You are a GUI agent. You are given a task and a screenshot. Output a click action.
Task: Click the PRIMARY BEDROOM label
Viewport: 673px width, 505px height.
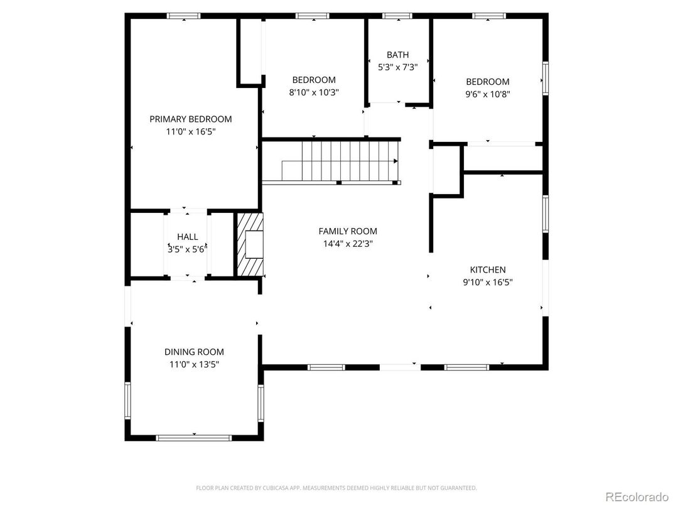coord(190,119)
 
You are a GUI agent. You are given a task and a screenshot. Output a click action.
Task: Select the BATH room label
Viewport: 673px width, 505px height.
coord(397,55)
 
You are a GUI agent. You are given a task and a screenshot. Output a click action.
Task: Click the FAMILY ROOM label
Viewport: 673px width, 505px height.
coord(348,231)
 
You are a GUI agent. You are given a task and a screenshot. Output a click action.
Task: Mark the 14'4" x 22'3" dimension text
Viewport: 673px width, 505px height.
coord(348,244)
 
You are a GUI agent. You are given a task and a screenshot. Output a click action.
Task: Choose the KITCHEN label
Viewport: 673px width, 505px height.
coord(487,269)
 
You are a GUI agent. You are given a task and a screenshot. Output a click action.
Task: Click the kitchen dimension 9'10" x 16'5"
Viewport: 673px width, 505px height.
coord(487,282)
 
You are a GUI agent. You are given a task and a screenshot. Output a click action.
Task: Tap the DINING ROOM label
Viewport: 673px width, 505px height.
coord(194,352)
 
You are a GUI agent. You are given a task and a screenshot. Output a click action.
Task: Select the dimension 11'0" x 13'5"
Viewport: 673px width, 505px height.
coord(194,364)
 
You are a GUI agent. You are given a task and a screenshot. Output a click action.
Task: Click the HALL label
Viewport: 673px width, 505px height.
coord(187,237)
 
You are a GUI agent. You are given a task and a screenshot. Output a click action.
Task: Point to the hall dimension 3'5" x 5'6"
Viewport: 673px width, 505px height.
coord(187,249)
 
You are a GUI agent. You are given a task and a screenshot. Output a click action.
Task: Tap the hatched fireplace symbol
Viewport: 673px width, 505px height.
coord(250,244)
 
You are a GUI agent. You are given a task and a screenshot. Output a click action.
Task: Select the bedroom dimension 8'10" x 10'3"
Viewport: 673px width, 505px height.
coord(313,92)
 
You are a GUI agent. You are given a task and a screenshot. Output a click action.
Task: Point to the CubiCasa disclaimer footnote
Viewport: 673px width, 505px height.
coord(336,487)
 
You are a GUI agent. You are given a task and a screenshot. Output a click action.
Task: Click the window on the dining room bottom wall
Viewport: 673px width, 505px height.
coord(194,437)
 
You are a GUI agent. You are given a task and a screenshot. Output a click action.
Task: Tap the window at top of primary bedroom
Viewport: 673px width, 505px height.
coord(183,16)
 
